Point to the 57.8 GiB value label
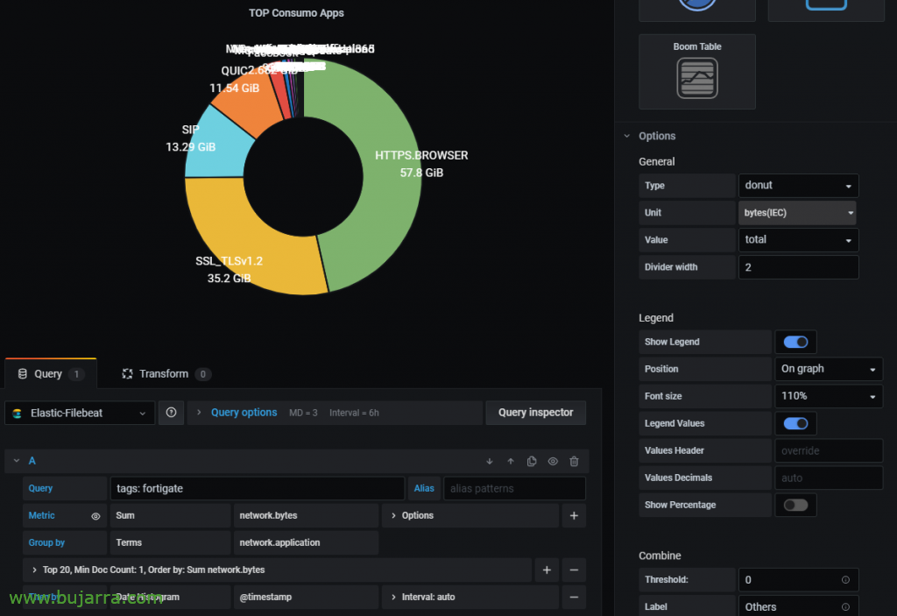coord(421,173)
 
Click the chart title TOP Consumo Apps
coord(296,13)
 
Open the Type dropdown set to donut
coord(798,186)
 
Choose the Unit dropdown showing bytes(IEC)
coord(797,213)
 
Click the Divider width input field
coord(798,267)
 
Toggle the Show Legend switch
coord(795,342)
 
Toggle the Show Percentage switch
coord(795,505)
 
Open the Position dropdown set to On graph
coord(828,369)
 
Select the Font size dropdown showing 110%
coord(828,396)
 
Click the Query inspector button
coord(535,413)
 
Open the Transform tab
coord(165,374)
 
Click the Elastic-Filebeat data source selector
coord(80,413)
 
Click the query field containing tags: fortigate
coord(257,488)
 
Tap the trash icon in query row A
coord(574,461)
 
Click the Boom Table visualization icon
coord(697,78)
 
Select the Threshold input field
coord(798,579)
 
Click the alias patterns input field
coord(514,488)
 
